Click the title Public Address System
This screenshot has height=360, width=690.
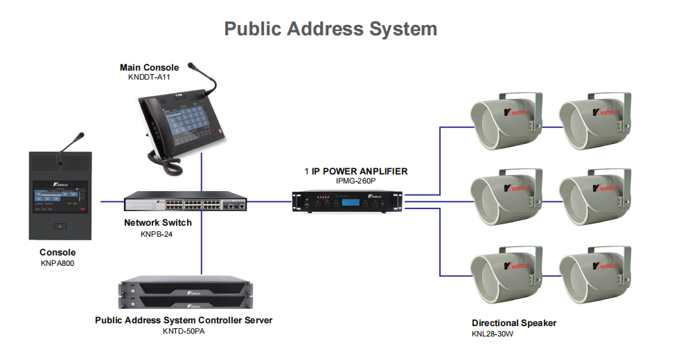click(x=330, y=29)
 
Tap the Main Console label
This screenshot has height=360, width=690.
click(x=149, y=67)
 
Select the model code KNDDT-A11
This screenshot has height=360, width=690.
click(x=149, y=77)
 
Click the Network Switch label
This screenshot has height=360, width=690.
click(x=158, y=223)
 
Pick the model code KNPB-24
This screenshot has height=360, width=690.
click(x=158, y=234)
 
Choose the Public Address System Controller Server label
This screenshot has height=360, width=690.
click(x=184, y=321)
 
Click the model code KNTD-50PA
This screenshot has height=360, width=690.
click(x=184, y=331)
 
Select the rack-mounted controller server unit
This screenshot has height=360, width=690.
click(x=184, y=293)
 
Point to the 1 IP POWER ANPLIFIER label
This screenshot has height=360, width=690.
click(x=356, y=171)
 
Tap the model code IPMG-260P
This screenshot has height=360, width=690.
click(x=356, y=181)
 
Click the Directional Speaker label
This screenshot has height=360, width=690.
click(x=514, y=323)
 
